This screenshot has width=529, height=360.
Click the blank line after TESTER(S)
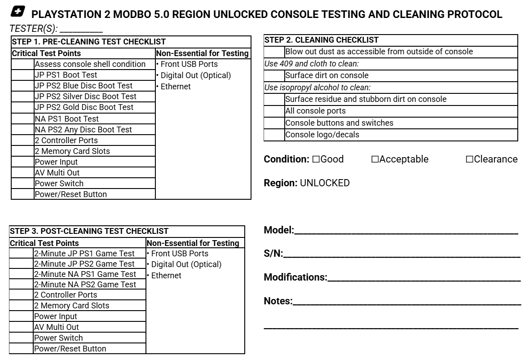81,29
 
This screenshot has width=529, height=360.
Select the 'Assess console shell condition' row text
90,64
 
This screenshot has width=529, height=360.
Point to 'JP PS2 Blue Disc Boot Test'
84,86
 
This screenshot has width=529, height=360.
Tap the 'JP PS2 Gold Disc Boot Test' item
84,107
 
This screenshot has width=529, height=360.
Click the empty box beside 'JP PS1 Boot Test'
23,75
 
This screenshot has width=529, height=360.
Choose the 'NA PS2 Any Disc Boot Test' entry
83,130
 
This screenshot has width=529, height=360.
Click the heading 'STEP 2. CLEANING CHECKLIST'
321,40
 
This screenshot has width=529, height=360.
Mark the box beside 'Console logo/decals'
274,135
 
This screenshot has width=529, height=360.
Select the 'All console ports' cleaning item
315,111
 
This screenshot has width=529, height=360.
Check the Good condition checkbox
316,159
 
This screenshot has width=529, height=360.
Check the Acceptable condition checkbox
375,159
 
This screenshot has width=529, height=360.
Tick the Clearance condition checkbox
469,159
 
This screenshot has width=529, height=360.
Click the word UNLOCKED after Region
325,183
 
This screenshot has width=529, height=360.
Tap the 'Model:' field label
279,230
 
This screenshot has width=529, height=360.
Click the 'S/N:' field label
273,254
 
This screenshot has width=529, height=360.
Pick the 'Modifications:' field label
295,277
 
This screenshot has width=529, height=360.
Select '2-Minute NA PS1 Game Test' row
85,274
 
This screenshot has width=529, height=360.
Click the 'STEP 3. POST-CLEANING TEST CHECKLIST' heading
89,231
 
